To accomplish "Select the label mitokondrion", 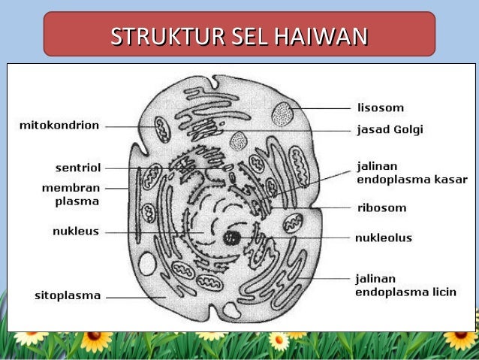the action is coord(59,126).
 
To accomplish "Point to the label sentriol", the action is coord(78,167).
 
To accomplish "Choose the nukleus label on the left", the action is coord(75,231).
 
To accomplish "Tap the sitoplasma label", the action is coord(68,295).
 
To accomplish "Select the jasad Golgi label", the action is coord(389,129).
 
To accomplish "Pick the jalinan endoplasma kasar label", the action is coord(411,172).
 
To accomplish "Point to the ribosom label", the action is coord(381,207).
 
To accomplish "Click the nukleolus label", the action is coord(384,237).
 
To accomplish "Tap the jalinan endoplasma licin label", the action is coord(405,285).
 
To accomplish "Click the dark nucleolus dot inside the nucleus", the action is coord(232,238).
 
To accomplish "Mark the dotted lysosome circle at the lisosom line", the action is coord(283,113).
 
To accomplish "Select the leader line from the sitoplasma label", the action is coord(135,296).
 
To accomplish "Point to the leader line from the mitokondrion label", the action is coord(124,126).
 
